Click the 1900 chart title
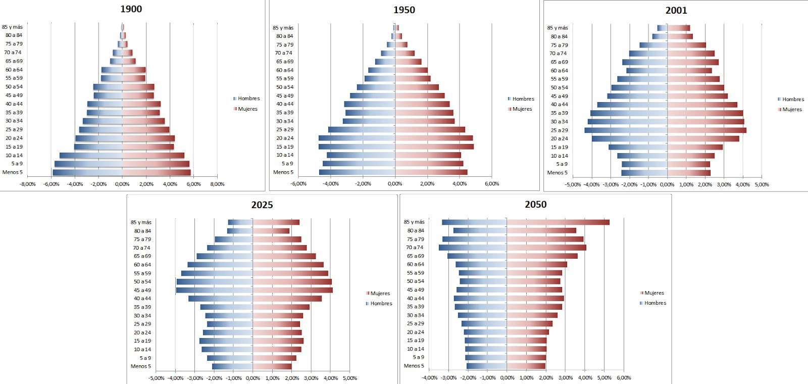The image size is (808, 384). [x=131, y=9]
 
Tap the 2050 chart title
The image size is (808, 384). [x=535, y=204]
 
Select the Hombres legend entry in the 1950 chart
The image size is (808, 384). [x=523, y=99]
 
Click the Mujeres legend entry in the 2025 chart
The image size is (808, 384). [x=380, y=294]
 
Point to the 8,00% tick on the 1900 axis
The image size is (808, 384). [x=217, y=184]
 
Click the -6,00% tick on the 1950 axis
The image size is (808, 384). [x=298, y=184]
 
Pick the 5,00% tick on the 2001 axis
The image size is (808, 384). [x=761, y=185]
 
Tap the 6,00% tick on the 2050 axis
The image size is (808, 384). [x=624, y=378]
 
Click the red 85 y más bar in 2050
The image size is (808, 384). [x=558, y=222]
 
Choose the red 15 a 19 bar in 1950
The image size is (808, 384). [x=434, y=147]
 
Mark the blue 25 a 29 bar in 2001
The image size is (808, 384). [x=626, y=130]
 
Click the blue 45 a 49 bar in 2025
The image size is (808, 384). [x=214, y=290]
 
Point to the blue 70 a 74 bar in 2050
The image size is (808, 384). [x=473, y=248]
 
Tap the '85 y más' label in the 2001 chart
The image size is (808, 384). [x=558, y=28]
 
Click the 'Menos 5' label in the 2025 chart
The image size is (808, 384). [x=140, y=366]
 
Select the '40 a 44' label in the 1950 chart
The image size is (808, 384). [x=285, y=104]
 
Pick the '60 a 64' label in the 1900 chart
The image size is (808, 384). [x=14, y=70]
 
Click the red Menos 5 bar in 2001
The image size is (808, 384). [x=689, y=173]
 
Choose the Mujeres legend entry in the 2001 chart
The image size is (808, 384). [x=792, y=110]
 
